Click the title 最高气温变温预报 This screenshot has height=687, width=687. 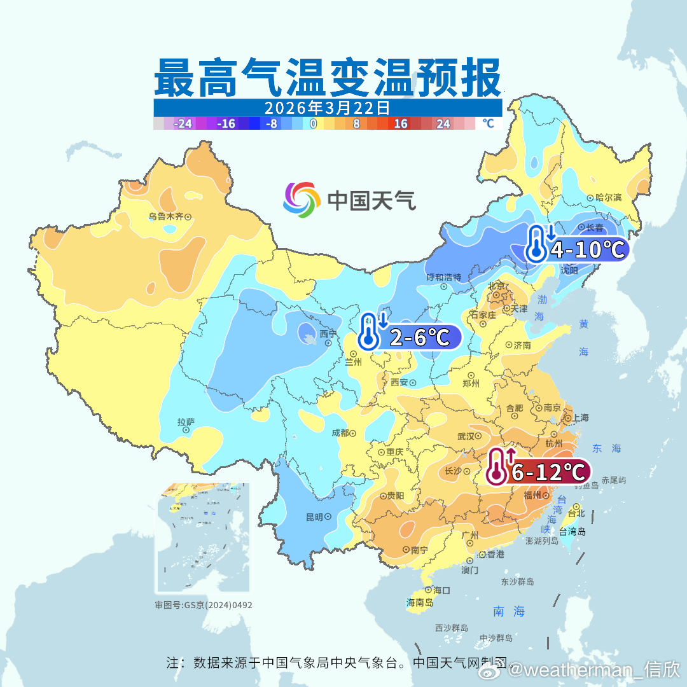point(327,78)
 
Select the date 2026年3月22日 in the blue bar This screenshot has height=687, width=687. point(327,108)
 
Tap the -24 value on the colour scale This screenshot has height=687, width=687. point(184,124)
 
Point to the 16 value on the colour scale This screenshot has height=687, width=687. point(400,124)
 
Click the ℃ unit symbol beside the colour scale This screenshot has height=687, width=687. point(488,123)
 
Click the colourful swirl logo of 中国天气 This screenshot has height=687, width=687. point(302,200)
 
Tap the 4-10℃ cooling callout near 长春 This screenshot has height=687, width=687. point(585,249)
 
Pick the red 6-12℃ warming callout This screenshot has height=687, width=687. point(547,472)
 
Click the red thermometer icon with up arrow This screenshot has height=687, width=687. point(498,466)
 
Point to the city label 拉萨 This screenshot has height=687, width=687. point(186,422)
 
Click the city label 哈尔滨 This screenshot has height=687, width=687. point(608,198)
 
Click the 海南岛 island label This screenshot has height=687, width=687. point(419,602)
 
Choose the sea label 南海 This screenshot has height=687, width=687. point(510,611)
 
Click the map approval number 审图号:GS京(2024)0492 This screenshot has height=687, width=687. point(204,605)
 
